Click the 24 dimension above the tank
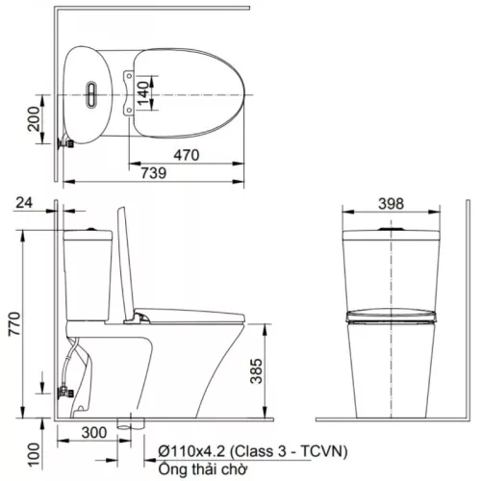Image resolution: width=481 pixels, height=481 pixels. pos(25,204)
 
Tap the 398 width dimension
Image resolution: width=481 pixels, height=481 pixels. pos(392,204)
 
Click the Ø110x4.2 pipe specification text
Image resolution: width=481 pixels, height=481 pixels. pos(191,449)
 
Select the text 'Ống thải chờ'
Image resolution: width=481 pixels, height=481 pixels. pos(196,468)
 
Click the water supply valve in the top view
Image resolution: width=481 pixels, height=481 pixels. pos(67,141)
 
